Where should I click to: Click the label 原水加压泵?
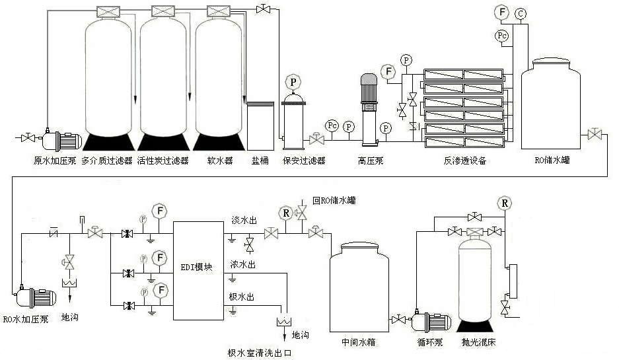coord(57,161)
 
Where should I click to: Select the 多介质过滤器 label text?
coord(107,161)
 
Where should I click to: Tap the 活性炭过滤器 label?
coord(163,161)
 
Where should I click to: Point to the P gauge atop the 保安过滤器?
coord(292,83)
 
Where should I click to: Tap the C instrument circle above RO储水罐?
coord(521,13)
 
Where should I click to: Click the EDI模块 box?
coord(200,270)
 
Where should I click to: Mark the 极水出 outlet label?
coord(241,297)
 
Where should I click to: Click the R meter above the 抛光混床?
coord(506,202)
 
